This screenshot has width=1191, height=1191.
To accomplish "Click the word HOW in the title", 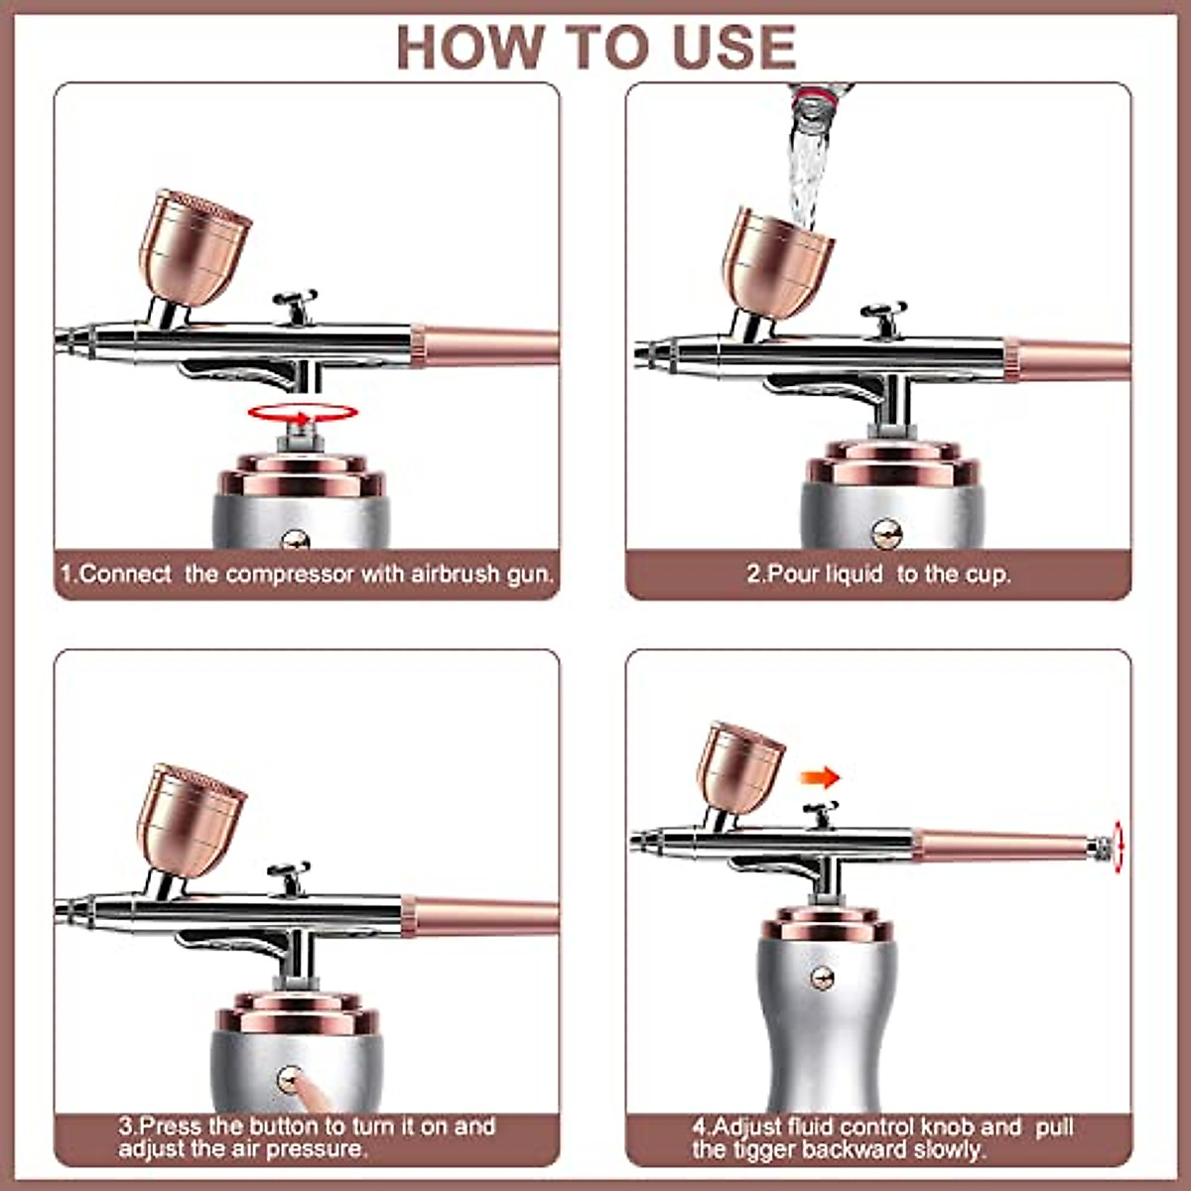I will (471, 46).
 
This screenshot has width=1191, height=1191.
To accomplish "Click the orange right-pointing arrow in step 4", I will (820, 776).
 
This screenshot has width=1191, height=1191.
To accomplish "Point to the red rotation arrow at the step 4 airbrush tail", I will (1120, 849).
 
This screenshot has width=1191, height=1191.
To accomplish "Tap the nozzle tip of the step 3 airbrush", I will (62, 907).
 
